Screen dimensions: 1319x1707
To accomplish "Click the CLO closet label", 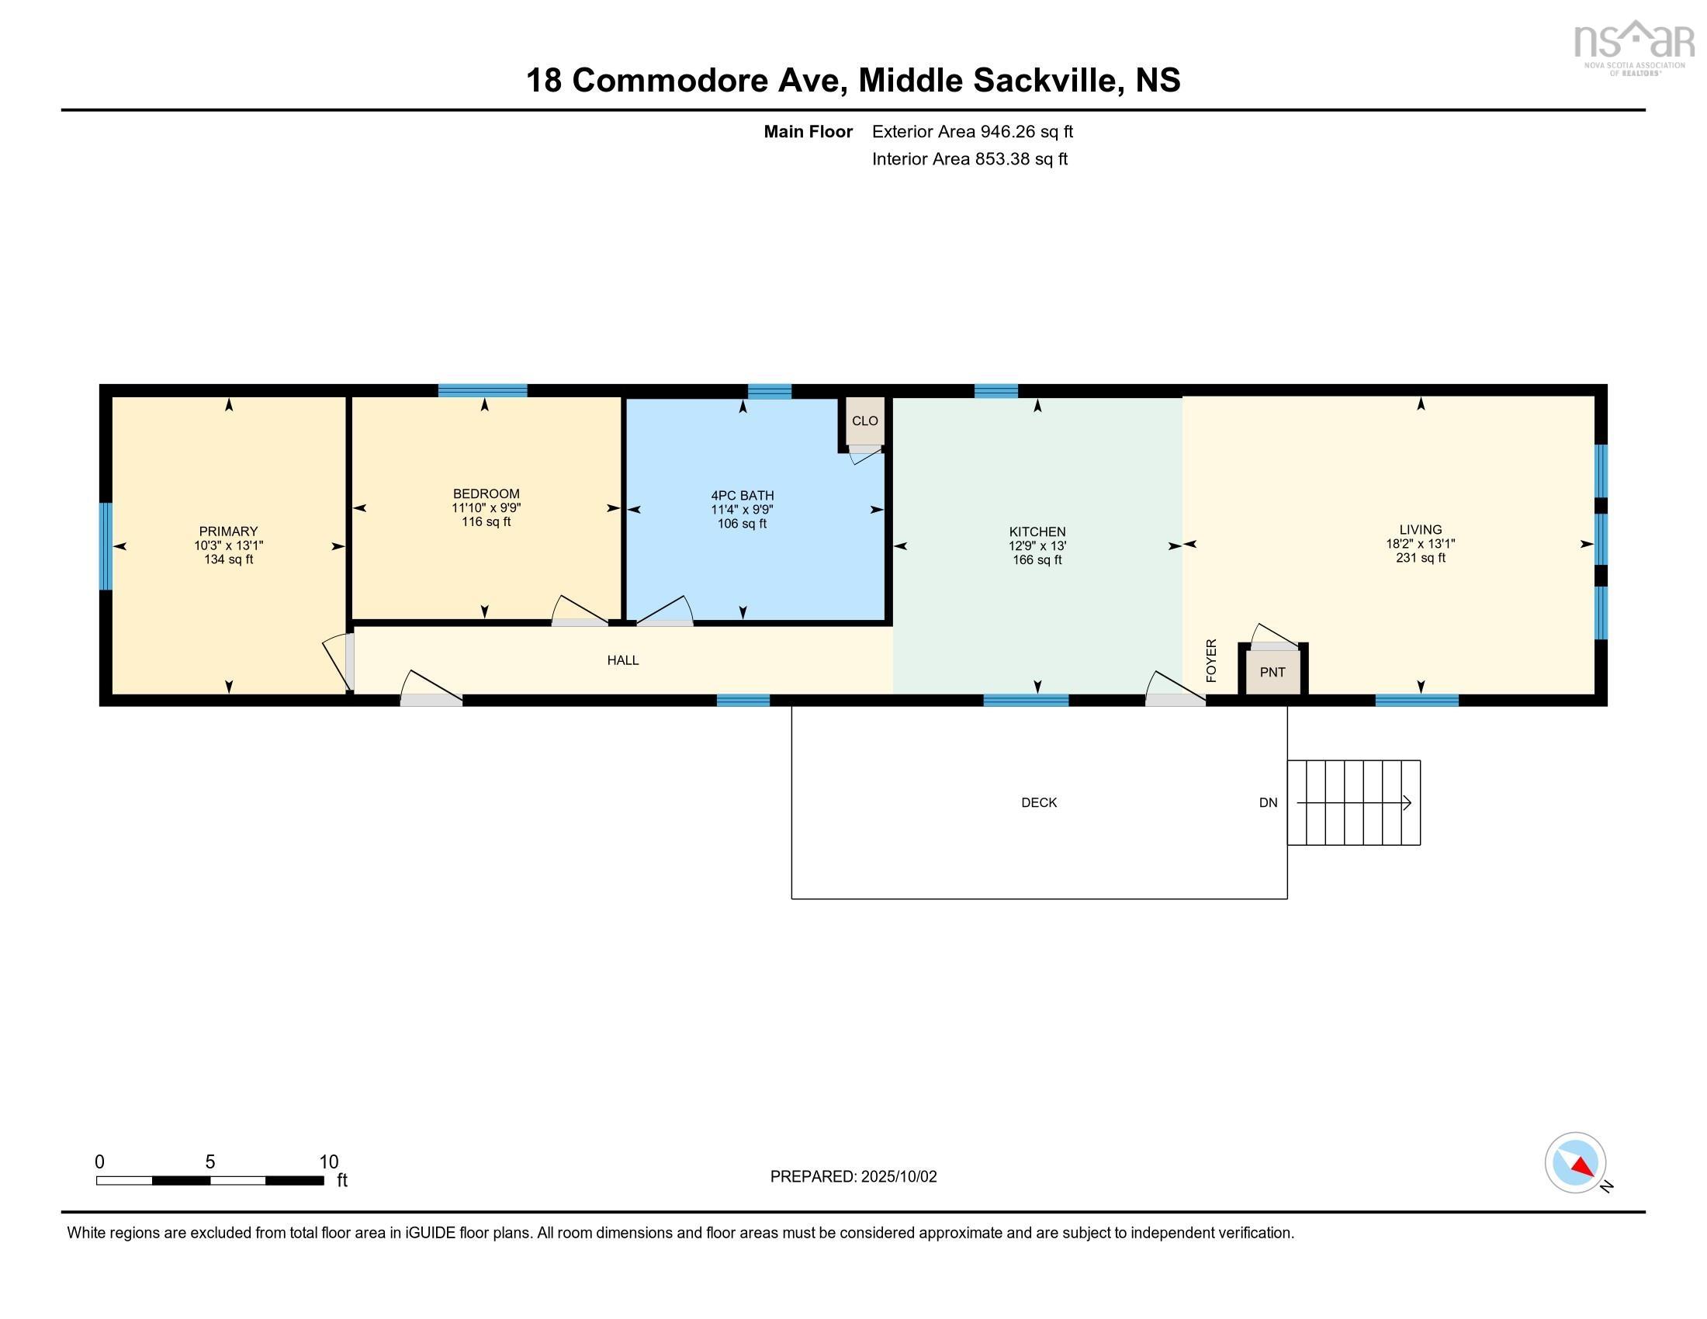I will [864, 421].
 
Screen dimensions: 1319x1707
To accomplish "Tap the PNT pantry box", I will [1272, 672].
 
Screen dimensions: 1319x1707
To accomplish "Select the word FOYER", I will [1211, 660].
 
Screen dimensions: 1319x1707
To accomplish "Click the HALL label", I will [623, 660].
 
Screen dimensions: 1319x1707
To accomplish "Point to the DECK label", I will [1039, 802].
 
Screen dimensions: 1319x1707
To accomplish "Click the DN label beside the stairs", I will [1268, 802].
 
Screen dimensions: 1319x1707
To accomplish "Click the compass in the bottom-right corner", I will [1575, 1163].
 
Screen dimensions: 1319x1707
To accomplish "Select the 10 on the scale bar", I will [328, 1162].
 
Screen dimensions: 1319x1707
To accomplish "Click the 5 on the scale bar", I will [209, 1162].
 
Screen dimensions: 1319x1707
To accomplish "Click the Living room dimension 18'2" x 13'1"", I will [1420, 544].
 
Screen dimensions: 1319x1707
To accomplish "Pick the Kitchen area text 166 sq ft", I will [1037, 560].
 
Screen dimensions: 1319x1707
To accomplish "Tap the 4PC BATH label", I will [742, 496].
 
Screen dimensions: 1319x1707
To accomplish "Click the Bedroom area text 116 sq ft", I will [486, 522].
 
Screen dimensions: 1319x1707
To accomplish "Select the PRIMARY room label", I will [228, 531].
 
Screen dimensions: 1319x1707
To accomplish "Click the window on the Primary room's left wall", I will [106, 546].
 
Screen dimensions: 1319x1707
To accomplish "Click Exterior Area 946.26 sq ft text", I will [972, 132].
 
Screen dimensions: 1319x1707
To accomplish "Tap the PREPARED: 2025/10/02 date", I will [853, 1177].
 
